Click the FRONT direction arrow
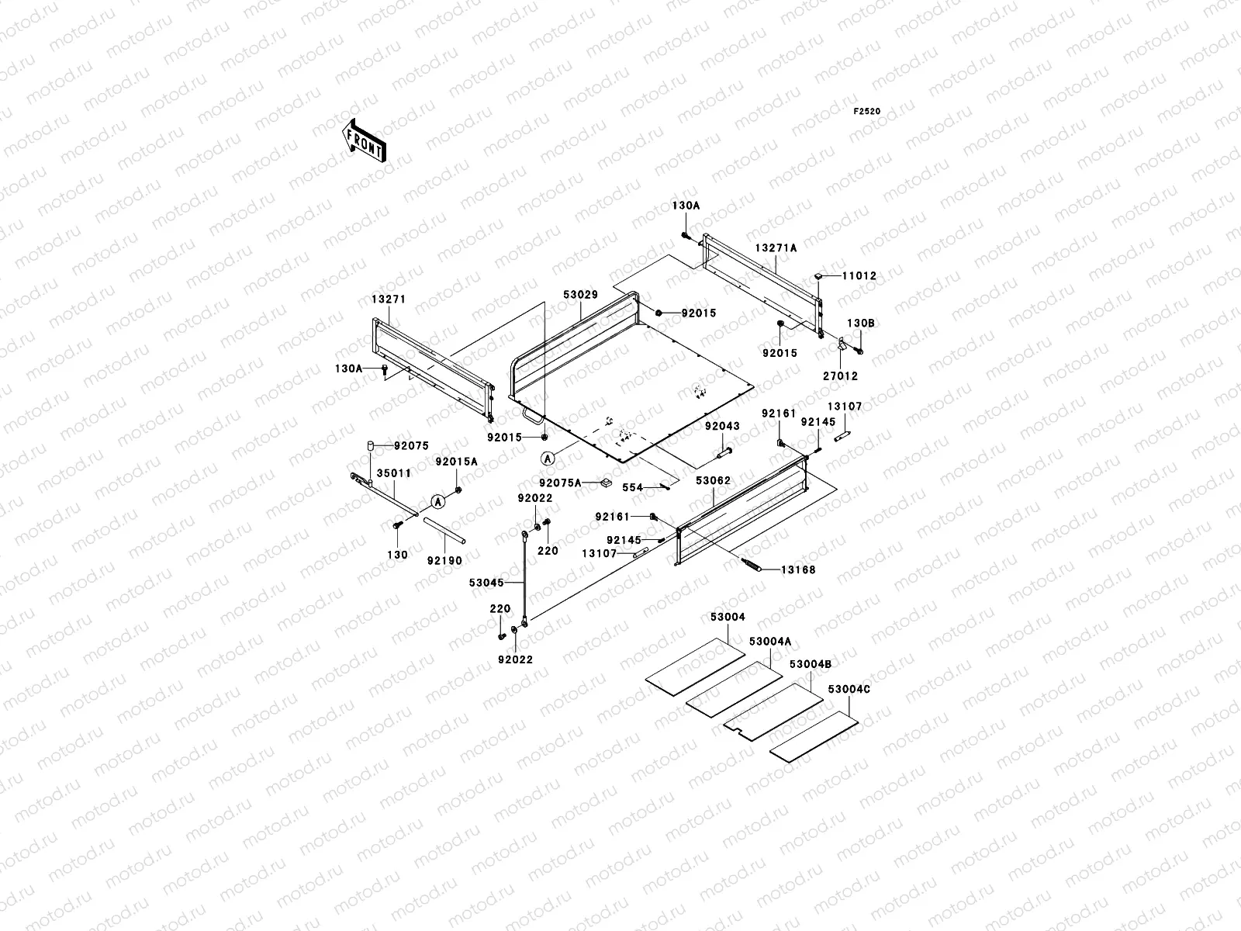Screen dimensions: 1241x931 pyautogui.click(x=364, y=140)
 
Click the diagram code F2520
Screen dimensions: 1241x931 pyautogui.click(x=866, y=112)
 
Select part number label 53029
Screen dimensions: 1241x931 pyautogui.click(x=580, y=295)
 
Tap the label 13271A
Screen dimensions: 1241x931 pyautogui.click(x=776, y=247)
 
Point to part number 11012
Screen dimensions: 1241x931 pyautogui.click(x=859, y=276)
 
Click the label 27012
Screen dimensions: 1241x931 pyautogui.click(x=840, y=376)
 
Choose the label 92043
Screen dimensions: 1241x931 pyautogui.click(x=722, y=426)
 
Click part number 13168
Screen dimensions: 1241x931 pyautogui.click(x=798, y=569)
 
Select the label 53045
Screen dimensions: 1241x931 pyautogui.click(x=486, y=582)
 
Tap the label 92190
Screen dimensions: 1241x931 pyautogui.click(x=444, y=561)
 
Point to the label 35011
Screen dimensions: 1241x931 pyautogui.click(x=394, y=473)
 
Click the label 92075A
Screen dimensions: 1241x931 pyautogui.click(x=560, y=483)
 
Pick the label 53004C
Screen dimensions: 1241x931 pyautogui.click(x=849, y=690)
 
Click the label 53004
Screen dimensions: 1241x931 pyautogui.click(x=728, y=617)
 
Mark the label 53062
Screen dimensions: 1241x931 pyautogui.click(x=713, y=480)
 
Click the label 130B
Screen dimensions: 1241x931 pyautogui.click(x=860, y=324)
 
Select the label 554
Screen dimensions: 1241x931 pyautogui.click(x=633, y=487)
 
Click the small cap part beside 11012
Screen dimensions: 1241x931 pyautogui.click(x=818, y=276)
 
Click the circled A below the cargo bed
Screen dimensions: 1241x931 pyautogui.click(x=548, y=459)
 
